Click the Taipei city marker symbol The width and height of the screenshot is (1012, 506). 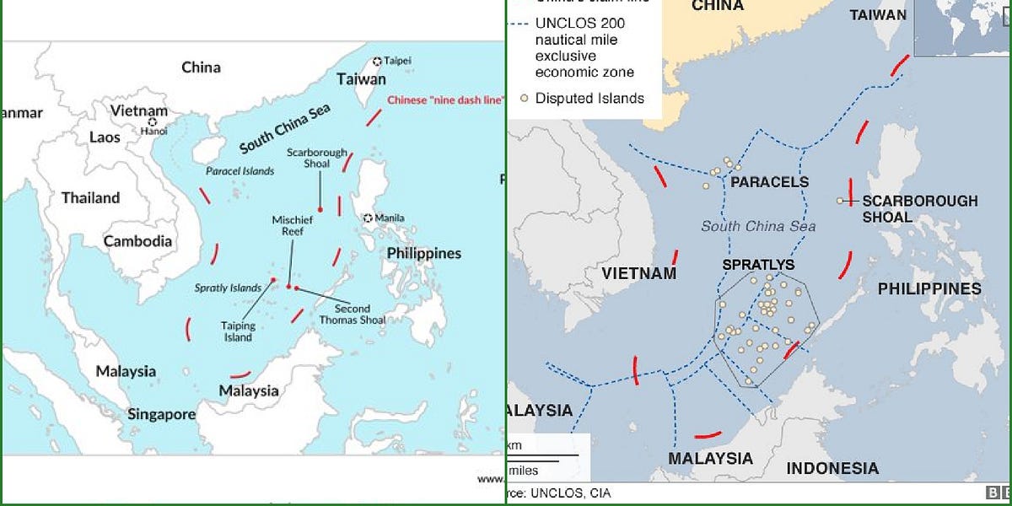378,61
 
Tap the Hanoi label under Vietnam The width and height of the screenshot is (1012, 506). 154,132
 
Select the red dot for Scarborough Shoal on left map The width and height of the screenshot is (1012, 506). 320,208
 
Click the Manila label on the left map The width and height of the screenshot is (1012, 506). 390,218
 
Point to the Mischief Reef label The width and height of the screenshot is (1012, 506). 292,226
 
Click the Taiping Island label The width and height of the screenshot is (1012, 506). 238,331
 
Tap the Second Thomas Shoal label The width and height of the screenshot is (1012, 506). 352,314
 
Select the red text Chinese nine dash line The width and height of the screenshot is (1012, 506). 444,100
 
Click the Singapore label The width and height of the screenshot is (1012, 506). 161,414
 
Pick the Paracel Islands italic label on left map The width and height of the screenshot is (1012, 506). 240,171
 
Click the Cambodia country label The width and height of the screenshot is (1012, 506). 137,241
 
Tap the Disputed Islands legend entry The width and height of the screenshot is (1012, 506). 589,98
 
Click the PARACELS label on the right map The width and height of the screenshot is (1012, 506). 769,182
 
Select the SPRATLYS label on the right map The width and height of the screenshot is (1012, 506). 758,265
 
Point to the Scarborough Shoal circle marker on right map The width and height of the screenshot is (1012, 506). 840,201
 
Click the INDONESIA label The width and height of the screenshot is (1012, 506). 832,468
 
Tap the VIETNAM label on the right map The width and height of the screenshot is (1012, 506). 638,273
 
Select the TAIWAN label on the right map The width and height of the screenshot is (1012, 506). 878,15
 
